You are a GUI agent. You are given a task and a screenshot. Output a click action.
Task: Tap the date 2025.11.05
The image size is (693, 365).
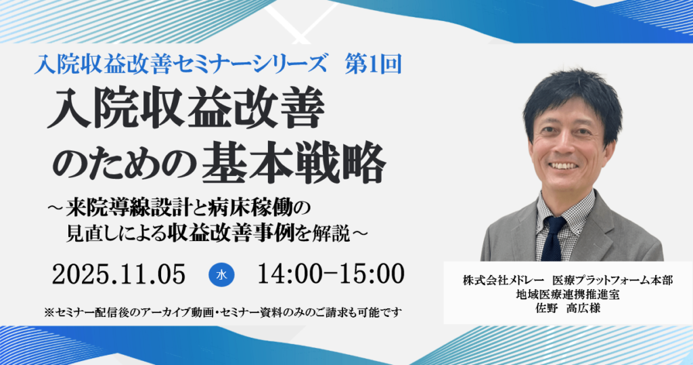119,274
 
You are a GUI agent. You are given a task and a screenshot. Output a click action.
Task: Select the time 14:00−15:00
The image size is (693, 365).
331,274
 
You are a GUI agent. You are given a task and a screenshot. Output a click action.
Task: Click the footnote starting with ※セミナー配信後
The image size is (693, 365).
223,313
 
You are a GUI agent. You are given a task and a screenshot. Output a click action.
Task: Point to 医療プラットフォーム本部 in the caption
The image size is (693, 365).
612,280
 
